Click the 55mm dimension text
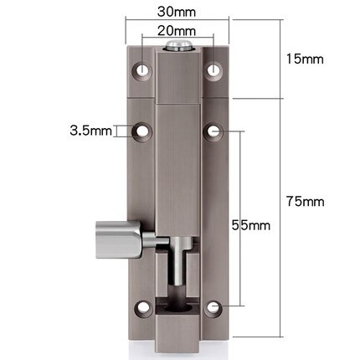point(249,225)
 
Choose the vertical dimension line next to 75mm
point(275,201)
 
